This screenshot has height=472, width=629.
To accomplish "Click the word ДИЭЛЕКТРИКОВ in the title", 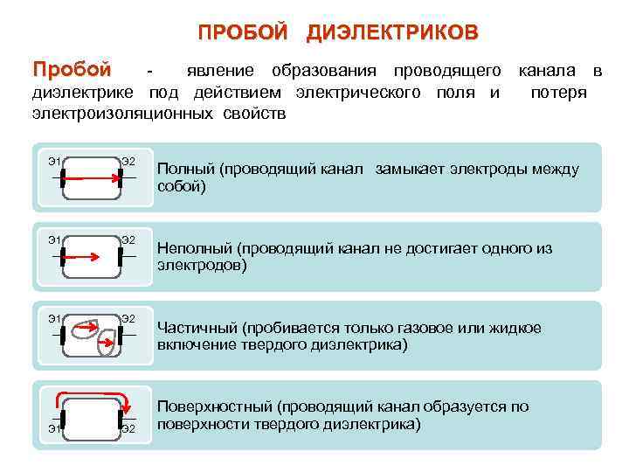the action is (392, 32).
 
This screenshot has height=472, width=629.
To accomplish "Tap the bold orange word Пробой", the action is (72, 69).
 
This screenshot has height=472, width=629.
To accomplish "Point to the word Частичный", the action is (197, 329).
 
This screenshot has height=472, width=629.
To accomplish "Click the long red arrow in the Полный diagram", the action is (92, 177).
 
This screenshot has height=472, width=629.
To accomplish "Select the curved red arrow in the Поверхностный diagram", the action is (92, 395).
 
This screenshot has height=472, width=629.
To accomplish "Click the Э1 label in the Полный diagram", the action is (54, 160).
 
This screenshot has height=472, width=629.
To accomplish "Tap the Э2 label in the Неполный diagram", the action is (128, 239).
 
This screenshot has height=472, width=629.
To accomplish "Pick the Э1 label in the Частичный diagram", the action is (54, 319).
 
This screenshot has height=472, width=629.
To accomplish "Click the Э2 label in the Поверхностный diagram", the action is (128, 428).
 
